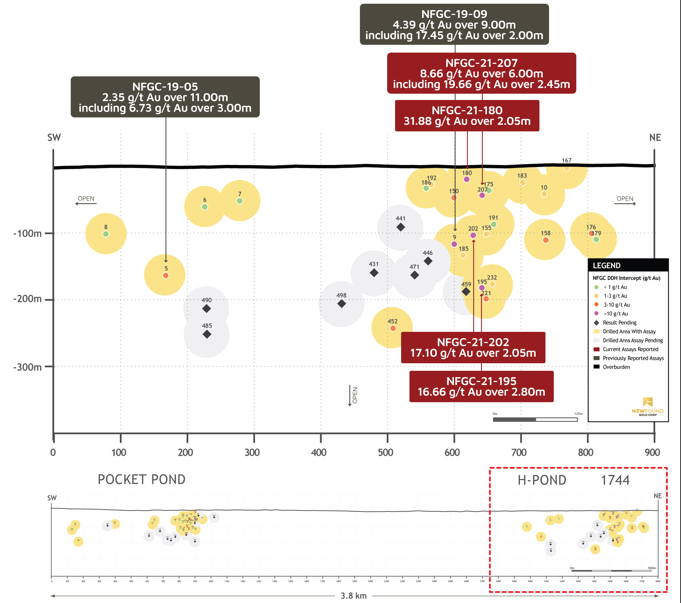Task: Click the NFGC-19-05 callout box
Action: click(x=165, y=97)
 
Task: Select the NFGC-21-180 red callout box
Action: click(x=467, y=116)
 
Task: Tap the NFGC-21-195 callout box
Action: click(x=481, y=386)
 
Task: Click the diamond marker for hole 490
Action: click(x=206, y=309)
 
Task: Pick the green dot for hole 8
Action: click(x=106, y=234)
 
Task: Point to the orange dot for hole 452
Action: click(x=393, y=328)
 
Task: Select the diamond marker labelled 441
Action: click(x=401, y=227)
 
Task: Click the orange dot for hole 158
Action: click(x=546, y=240)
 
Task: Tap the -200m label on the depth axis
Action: click(x=28, y=299)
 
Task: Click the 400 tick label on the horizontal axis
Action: click(x=319, y=452)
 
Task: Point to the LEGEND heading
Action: click(x=607, y=266)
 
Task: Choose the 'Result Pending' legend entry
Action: click(x=619, y=322)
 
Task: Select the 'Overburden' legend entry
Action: click(x=616, y=367)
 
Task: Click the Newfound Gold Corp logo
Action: click(x=648, y=406)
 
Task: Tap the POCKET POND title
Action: click(x=142, y=480)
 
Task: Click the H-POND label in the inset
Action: click(x=542, y=480)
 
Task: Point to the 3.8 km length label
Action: click(x=354, y=596)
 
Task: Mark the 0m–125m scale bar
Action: click(x=535, y=419)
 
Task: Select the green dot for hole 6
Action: click(x=205, y=207)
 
